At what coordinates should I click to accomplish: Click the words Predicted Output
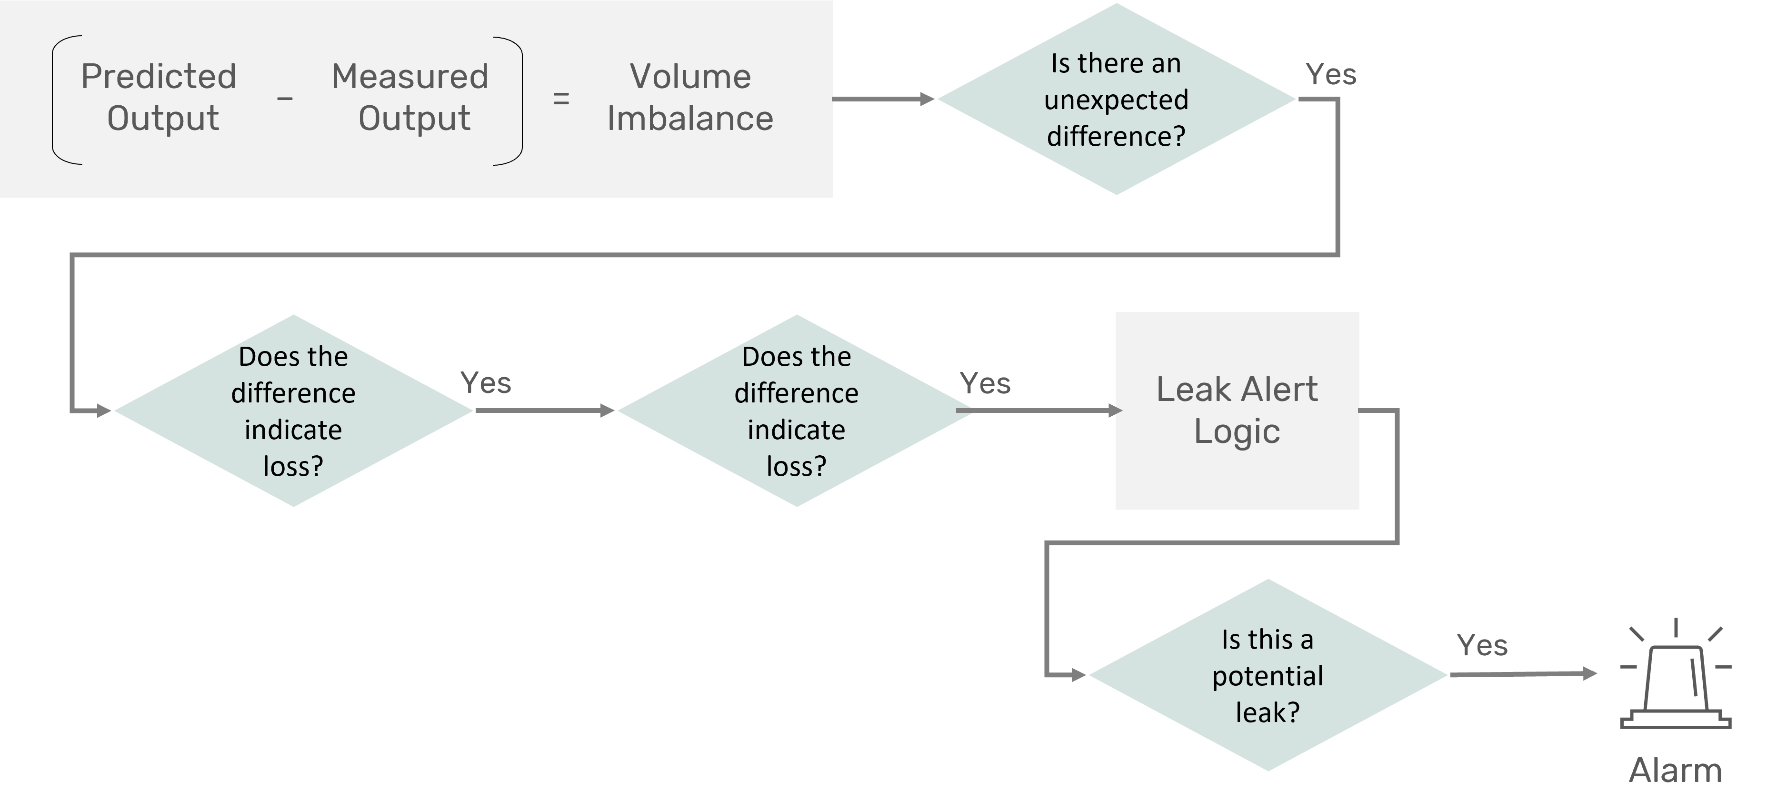coord(159,97)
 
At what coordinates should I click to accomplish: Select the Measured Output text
coord(410,97)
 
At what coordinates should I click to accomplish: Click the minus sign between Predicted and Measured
coord(284,99)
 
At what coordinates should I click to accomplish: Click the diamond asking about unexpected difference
coord(1116,99)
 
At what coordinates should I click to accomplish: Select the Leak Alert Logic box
coord(1237,410)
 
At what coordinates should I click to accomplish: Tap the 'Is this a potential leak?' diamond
coord(1268,674)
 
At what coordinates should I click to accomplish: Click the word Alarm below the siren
coord(1675,771)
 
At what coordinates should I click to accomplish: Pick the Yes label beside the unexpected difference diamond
coord(1330,75)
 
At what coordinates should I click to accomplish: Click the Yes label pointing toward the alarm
coord(1482,645)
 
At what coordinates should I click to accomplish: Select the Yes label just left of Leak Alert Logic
coord(985,383)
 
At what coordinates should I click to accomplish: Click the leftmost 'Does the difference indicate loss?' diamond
coord(293,410)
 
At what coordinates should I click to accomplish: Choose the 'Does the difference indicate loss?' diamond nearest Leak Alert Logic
coord(797,410)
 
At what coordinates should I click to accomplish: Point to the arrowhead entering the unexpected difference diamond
coord(928,99)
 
